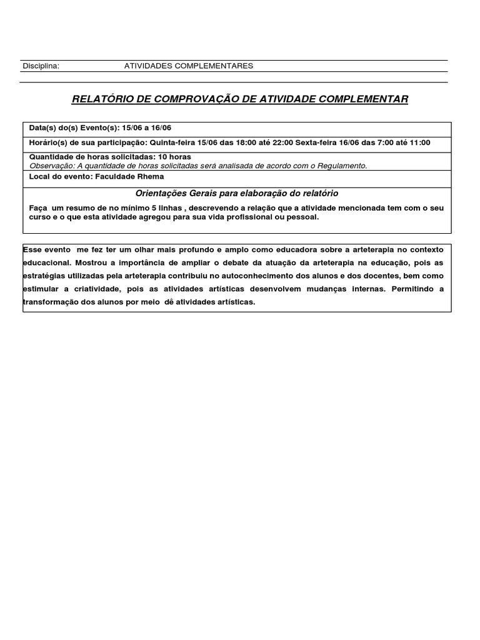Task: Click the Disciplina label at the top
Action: tap(41, 66)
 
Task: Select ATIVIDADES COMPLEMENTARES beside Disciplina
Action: tap(189, 66)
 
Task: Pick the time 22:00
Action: tap(280, 142)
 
